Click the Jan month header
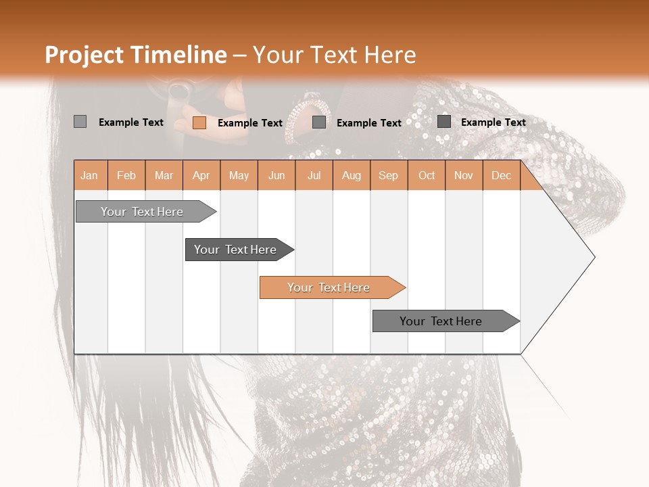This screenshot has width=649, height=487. pyautogui.click(x=90, y=175)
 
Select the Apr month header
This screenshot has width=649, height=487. pyautogui.click(x=201, y=175)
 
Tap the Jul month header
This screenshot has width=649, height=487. pyautogui.click(x=314, y=175)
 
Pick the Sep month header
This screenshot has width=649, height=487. pyautogui.click(x=389, y=175)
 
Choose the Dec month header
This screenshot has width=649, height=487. pyautogui.click(x=501, y=175)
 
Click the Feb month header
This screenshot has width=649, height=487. pyautogui.click(x=126, y=175)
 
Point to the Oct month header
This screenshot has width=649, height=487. pyautogui.click(x=427, y=175)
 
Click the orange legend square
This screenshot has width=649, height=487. pyautogui.click(x=199, y=122)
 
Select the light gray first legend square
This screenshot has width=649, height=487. pyautogui.click(x=80, y=122)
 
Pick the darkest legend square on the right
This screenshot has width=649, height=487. pyautogui.click(x=444, y=122)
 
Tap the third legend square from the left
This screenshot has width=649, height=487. pyautogui.click(x=319, y=122)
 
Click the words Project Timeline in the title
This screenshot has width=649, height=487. pyautogui.click(x=135, y=55)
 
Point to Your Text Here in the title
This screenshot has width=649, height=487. pyautogui.click(x=334, y=55)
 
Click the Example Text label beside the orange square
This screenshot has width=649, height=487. pyautogui.click(x=250, y=122)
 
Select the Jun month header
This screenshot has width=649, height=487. pyautogui.click(x=277, y=175)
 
